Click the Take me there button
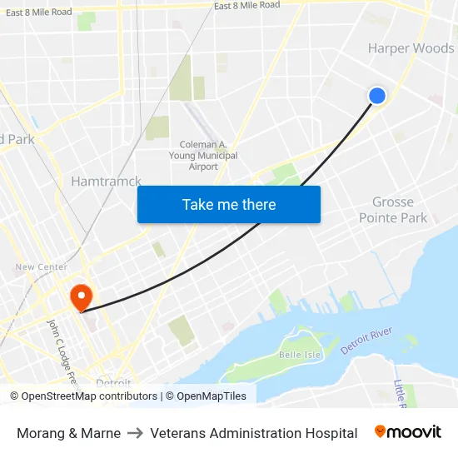(x=229, y=204)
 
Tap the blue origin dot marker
(x=377, y=96)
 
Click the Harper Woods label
(x=411, y=48)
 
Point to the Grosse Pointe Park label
(x=393, y=210)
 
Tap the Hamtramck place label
(x=106, y=181)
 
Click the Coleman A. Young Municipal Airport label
(x=203, y=156)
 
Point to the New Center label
(x=41, y=267)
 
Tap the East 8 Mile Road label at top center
(x=246, y=5)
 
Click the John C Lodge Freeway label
(x=62, y=354)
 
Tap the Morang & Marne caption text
(x=68, y=433)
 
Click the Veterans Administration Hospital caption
(x=254, y=433)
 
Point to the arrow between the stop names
(x=135, y=433)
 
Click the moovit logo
(x=408, y=432)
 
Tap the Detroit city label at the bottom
(x=113, y=384)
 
